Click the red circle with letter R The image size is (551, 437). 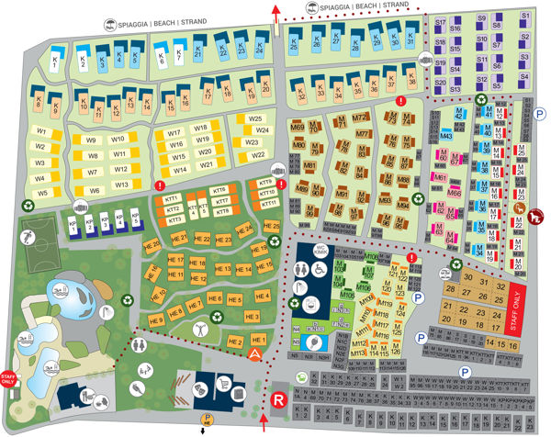point(277,399)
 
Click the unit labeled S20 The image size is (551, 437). point(440,84)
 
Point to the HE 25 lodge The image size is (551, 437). point(271,226)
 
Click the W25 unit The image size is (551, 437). point(256,118)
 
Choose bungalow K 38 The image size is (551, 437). point(411,88)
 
